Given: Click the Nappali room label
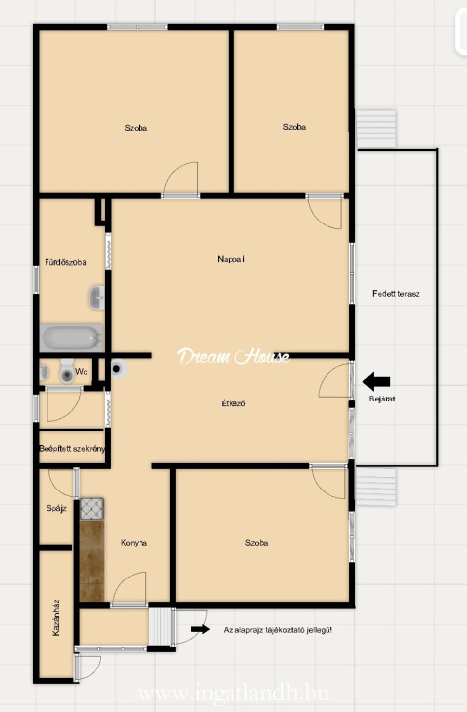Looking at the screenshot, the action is (231, 259).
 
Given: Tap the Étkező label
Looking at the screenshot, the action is (233, 402).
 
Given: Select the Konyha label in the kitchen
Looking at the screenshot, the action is (134, 543).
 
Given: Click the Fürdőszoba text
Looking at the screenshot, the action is (65, 262).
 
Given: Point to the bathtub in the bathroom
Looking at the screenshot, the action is (71, 338).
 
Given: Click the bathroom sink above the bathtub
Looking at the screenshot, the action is (97, 297).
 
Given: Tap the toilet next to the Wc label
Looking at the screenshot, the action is (67, 372).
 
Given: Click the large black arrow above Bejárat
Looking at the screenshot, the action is (377, 382).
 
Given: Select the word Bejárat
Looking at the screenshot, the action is (382, 399).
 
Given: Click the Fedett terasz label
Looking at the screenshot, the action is (395, 294).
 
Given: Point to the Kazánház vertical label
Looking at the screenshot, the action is (56, 617).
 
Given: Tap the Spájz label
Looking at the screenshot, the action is (56, 508).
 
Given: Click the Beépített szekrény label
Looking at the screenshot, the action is (72, 449).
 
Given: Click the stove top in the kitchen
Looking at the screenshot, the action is (92, 509).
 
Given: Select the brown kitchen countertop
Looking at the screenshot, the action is (92, 562).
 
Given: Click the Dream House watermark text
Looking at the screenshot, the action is (233, 356).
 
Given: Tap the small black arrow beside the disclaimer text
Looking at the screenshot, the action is (200, 629).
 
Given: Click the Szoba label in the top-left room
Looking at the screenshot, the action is (136, 128).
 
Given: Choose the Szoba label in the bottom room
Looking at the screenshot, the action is (256, 543).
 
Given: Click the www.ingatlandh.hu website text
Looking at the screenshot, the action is (233, 694).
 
